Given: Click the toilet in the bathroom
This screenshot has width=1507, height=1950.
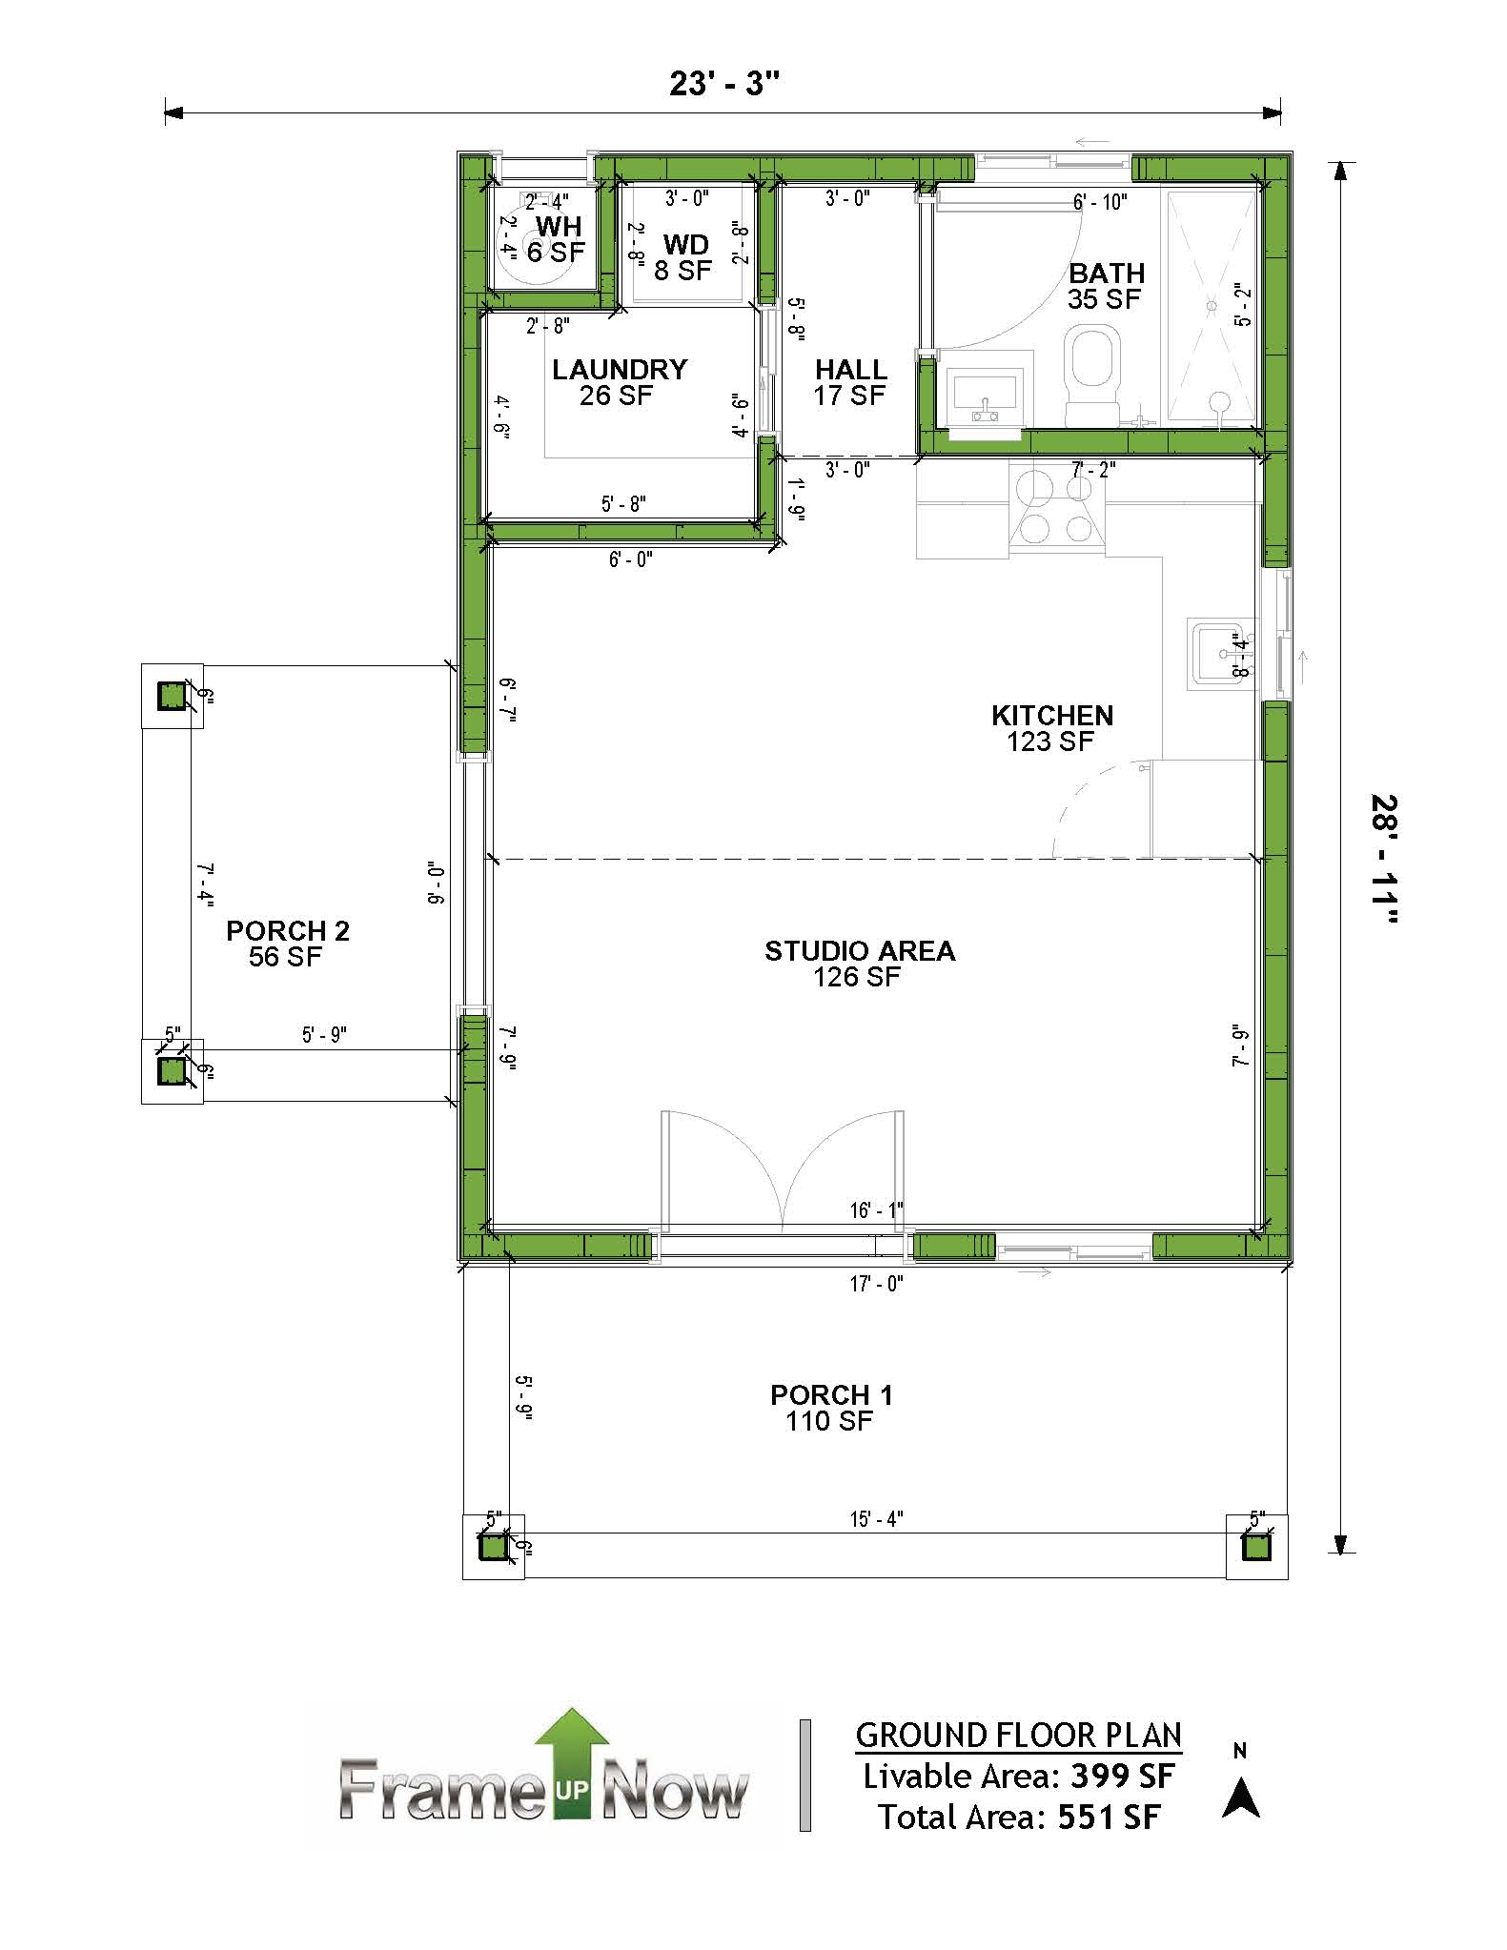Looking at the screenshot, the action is point(1092,375).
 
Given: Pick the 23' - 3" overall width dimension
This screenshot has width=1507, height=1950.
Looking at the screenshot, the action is point(724,84).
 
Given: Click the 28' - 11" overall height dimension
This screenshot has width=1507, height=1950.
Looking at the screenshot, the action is point(1385,860).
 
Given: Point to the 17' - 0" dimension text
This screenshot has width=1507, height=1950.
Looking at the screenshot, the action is point(876,1284).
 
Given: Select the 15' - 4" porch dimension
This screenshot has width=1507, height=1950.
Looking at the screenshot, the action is point(876,1518).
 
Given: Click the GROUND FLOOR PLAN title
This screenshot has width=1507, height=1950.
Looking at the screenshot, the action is point(1018,1735).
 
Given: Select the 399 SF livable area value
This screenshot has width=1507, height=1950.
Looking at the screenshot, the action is point(1123,1777).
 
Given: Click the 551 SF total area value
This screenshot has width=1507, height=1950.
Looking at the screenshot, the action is point(1110,1818).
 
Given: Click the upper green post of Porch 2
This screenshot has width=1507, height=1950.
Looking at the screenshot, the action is point(172,697).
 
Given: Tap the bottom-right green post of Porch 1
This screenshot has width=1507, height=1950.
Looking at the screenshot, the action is point(1256,1548).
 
